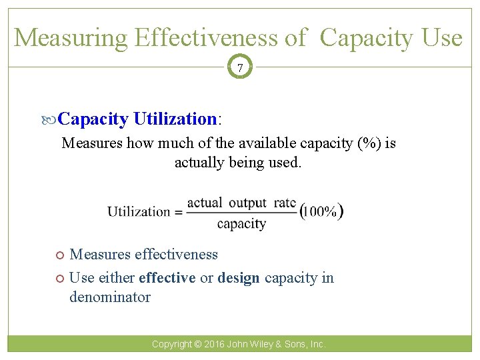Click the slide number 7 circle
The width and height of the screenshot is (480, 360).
[x=240, y=68]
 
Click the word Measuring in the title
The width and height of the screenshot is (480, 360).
[x=70, y=38]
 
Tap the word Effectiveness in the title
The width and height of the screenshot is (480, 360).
[x=207, y=38]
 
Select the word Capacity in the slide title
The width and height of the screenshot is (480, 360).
[x=366, y=38]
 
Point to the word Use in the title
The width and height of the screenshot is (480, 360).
[x=441, y=38]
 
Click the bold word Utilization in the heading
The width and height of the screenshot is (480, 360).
[x=175, y=119]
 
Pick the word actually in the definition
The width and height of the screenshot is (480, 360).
[x=198, y=162]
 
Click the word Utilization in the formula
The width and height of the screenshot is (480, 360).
[x=139, y=212]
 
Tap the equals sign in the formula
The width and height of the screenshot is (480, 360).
[x=178, y=213]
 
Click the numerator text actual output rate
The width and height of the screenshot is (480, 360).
[x=241, y=203]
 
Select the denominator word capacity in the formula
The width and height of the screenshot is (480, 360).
[x=241, y=224]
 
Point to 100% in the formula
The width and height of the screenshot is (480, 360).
[x=323, y=212]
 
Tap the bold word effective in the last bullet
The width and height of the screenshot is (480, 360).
[x=167, y=278]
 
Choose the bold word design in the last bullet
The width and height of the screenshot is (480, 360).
[x=239, y=278]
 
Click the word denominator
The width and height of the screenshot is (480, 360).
[x=110, y=297]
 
